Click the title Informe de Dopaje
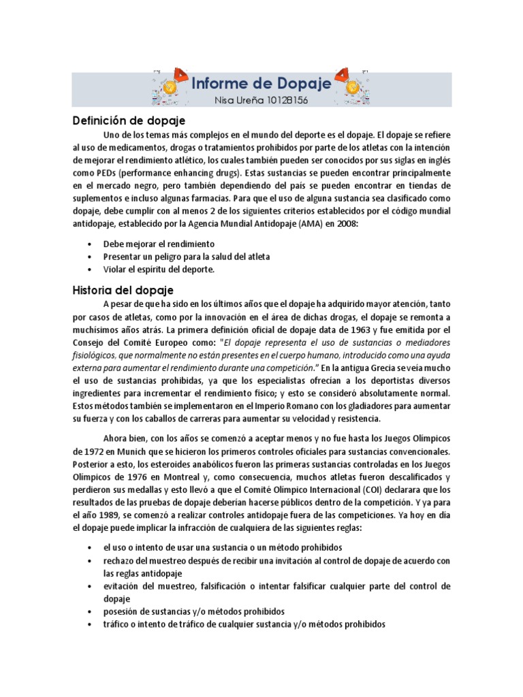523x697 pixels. click(261, 84)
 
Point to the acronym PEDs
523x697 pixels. click(111, 173)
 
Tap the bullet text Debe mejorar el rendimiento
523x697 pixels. click(159, 243)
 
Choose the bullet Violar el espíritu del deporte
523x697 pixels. click(159, 269)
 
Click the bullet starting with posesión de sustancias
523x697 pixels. click(193, 611)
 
